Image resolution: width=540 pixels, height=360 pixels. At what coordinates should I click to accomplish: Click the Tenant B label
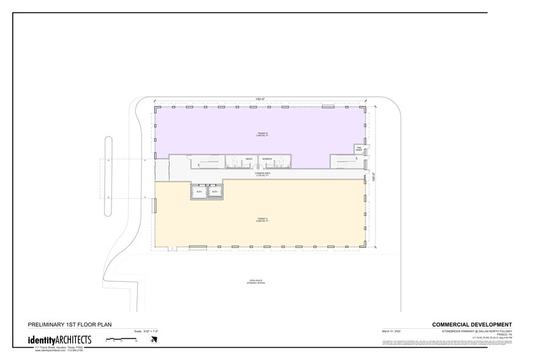262,134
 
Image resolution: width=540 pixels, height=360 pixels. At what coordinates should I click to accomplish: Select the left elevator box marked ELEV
198,192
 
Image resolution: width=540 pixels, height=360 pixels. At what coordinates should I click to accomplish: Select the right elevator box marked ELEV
214,192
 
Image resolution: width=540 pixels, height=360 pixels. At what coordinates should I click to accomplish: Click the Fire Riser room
359,149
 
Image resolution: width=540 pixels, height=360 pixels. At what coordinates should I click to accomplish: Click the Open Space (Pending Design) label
255,282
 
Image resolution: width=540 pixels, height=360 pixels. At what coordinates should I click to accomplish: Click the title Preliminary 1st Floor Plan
70,324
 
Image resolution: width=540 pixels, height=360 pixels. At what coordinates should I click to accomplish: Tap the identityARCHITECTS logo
59,339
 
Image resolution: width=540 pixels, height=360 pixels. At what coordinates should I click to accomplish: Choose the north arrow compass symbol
153,340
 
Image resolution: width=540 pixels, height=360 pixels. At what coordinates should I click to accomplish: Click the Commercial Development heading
471,324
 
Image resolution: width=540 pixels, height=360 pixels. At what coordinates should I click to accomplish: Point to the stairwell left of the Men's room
207,162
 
